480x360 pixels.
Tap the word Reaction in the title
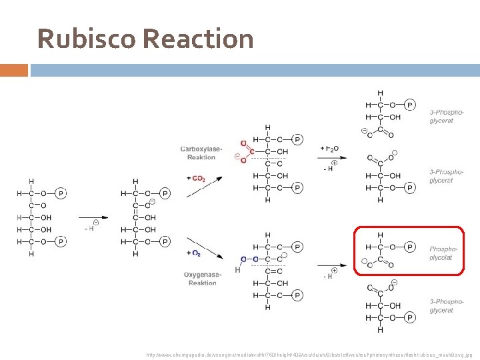(x=198, y=39)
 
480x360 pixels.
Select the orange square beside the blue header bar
(x=14, y=70)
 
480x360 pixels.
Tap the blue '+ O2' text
(x=194, y=253)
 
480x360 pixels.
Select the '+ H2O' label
(x=329, y=147)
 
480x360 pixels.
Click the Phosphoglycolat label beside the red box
(x=444, y=253)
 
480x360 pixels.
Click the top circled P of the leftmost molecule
(x=61, y=193)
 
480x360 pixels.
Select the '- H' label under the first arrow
(x=90, y=229)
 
